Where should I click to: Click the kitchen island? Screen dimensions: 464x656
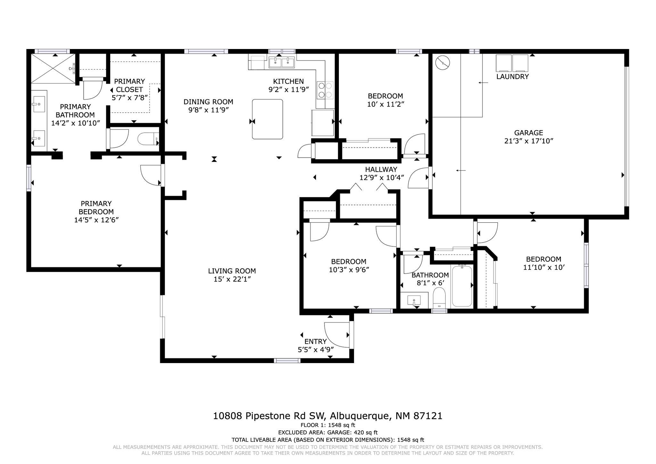click(x=267, y=119)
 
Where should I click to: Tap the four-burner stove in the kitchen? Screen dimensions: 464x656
click(x=325, y=90)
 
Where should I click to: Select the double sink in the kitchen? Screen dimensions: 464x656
click(x=282, y=62)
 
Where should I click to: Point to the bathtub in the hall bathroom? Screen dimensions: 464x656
click(x=462, y=286)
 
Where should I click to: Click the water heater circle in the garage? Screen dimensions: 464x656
click(x=443, y=63)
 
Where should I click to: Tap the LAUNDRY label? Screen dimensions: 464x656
click(x=512, y=77)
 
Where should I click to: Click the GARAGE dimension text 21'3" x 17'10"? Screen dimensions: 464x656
click(x=529, y=141)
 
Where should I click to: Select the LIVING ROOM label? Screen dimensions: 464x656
click(x=232, y=271)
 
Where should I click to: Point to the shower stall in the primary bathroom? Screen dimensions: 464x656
click(x=53, y=68)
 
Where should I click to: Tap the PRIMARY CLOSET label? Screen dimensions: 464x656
click(x=129, y=85)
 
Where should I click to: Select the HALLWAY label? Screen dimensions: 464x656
click(x=381, y=169)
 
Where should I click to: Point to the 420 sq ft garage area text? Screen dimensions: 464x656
click(x=366, y=433)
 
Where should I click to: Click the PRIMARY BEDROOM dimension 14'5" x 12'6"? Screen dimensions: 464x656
click(x=96, y=220)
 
